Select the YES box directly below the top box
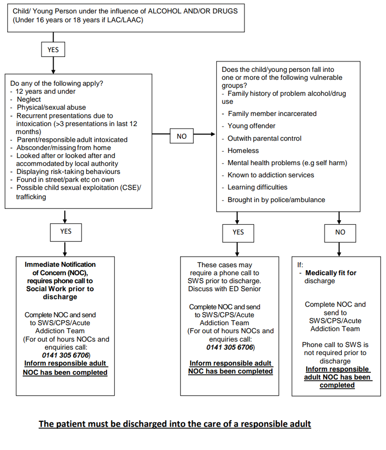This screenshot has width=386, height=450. [x=53, y=50]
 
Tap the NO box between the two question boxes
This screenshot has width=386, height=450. [x=181, y=136]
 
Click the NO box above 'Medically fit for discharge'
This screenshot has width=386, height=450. [x=340, y=232]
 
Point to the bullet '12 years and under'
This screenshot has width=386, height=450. [x=45, y=91]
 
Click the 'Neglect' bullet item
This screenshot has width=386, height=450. [x=29, y=99]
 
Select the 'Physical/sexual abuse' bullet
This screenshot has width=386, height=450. [x=51, y=107]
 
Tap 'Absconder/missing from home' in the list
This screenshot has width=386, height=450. [x=64, y=148]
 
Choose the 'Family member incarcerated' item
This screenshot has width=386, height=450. [x=272, y=114]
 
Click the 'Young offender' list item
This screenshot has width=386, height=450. [x=251, y=126]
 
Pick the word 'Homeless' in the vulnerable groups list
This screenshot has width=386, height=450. [x=243, y=151]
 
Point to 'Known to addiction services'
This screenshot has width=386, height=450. [x=271, y=175]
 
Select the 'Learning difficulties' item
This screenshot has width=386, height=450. [x=257, y=187]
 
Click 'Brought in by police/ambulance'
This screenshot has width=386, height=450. [x=276, y=200]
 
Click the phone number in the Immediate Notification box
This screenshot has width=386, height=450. [x=66, y=355]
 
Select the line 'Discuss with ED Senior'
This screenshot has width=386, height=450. [x=224, y=289]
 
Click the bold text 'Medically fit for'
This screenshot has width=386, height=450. [x=331, y=273]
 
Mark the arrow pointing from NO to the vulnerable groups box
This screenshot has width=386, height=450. [x=206, y=134]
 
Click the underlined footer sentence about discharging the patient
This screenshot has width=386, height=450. [x=175, y=424]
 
